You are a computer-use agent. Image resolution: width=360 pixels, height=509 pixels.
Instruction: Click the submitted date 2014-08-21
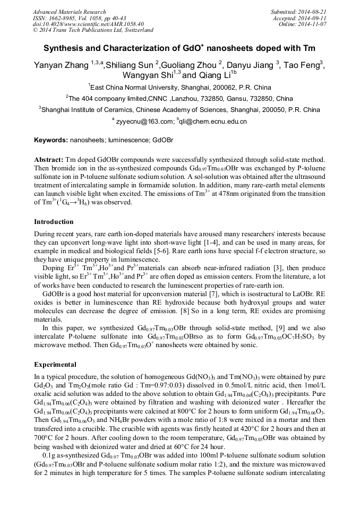(312, 12)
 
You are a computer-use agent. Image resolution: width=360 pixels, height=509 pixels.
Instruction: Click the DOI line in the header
(88, 24)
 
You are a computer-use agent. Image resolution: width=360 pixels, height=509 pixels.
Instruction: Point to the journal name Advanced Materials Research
(70, 12)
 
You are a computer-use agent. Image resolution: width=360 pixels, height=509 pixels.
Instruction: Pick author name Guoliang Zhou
(190, 66)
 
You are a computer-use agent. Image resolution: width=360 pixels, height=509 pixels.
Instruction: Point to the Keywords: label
(50, 141)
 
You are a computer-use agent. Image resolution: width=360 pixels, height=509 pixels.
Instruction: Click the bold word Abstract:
(48, 160)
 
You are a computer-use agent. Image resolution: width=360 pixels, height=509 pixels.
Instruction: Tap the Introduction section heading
(54, 221)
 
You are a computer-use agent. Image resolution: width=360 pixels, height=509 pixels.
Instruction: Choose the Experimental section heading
(55, 365)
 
